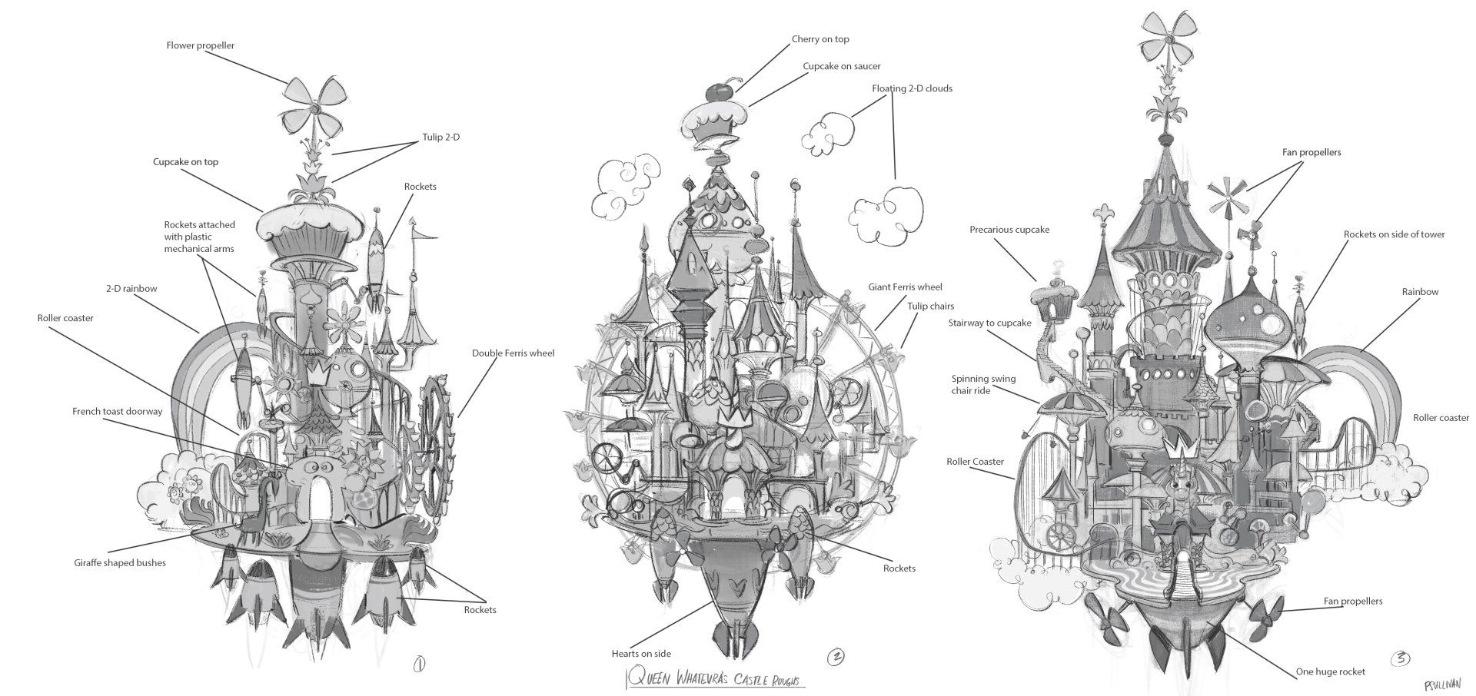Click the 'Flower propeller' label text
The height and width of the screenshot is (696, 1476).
point(201,45)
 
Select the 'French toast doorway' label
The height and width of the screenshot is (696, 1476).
point(118,411)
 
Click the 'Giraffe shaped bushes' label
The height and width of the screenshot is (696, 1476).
point(120,562)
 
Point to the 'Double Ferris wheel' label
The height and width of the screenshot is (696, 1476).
point(513,353)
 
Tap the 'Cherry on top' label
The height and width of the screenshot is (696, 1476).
point(820,39)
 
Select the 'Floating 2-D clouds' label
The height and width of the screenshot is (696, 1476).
point(912,88)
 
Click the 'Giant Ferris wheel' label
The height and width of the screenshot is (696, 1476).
point(905,287)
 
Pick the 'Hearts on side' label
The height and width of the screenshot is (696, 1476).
point(641,654)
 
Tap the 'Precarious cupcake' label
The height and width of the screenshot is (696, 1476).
point(1009,230)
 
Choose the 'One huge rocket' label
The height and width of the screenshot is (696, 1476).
point(1331,671)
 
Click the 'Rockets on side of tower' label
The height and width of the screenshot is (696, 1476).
point(1395,234)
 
